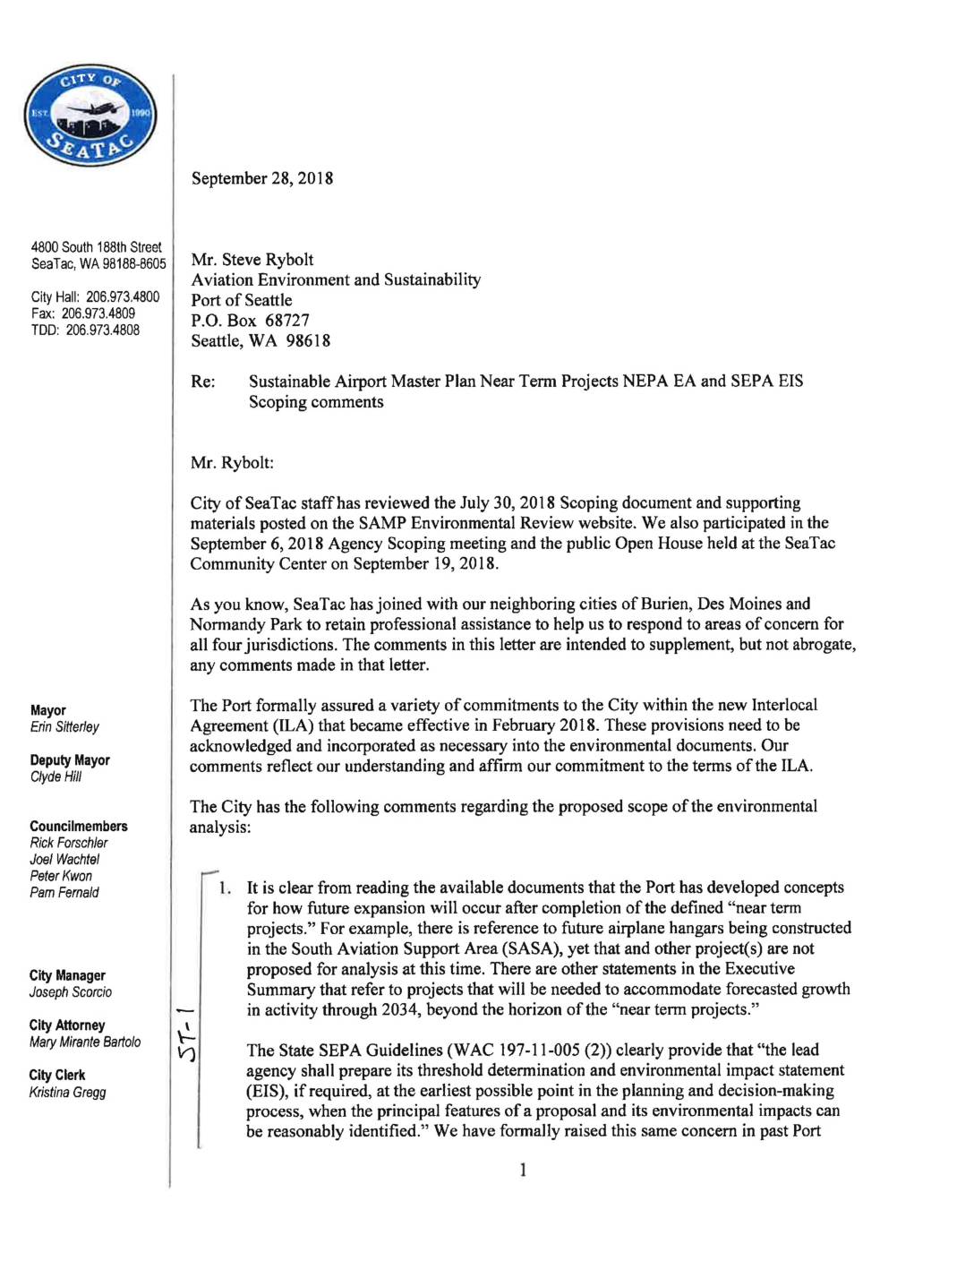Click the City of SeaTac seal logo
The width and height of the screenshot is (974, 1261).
pos(90,116)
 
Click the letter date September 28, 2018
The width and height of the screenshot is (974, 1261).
pos(261,178)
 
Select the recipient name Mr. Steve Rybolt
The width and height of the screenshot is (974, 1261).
pos(252,260)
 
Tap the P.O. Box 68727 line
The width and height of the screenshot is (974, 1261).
pos(250,321)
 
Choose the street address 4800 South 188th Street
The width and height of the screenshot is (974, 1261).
pos(96,247)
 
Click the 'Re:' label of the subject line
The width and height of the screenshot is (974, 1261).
pos(203,382)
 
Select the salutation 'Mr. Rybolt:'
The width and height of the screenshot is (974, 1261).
pos(232,463)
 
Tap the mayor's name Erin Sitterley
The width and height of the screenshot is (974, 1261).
pos(64,727)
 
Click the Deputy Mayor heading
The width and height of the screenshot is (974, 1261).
pos(70,760)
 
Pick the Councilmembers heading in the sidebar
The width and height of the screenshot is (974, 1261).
pos(79,827)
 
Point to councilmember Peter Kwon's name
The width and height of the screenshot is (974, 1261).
pos(61,876)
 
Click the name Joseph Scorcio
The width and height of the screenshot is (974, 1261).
pos(71,992)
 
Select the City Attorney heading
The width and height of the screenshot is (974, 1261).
pos(67,1025)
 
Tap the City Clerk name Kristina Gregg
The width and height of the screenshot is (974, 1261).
pos(68,1093)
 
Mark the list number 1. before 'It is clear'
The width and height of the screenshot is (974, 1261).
pos(226,888)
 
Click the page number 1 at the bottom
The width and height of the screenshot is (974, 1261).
pos(523,1170)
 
